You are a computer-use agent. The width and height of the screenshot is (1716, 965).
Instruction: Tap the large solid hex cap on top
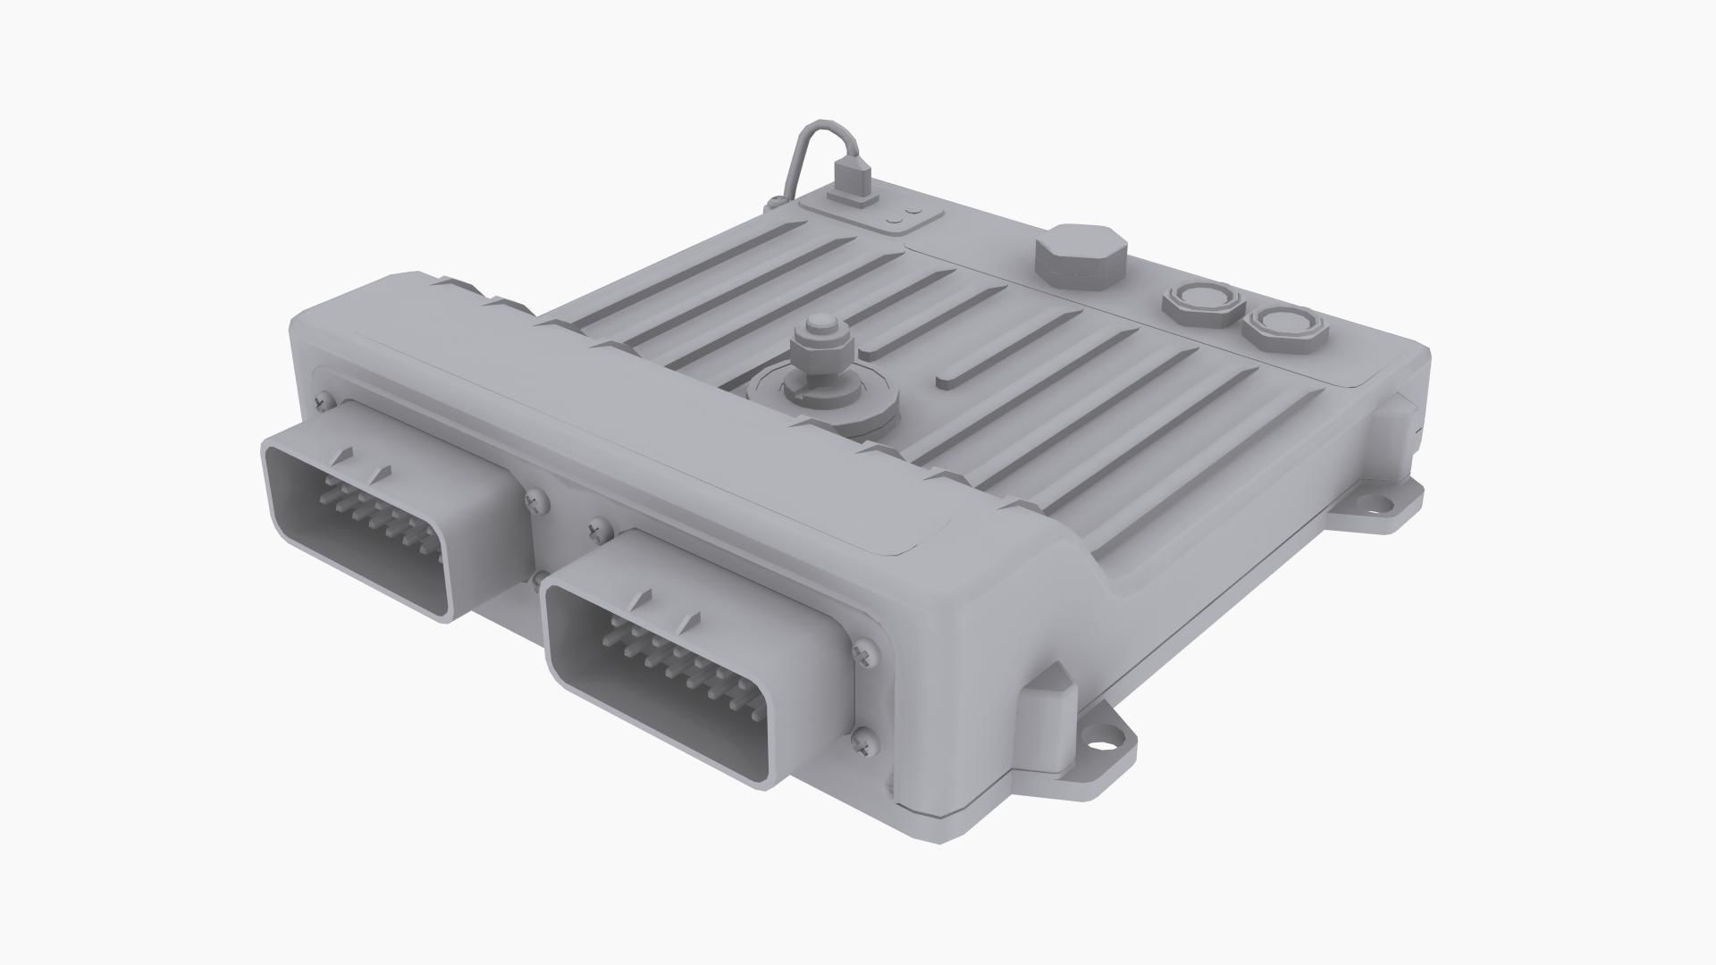click(x=1080, y=256)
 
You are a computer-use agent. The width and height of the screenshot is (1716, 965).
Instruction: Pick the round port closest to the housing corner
click(x=1283, y=326)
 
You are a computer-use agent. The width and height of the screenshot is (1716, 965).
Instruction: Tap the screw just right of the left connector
click(x=537, y=501)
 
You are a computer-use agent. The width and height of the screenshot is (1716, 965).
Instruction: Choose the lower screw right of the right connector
click(x=862, y=739)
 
